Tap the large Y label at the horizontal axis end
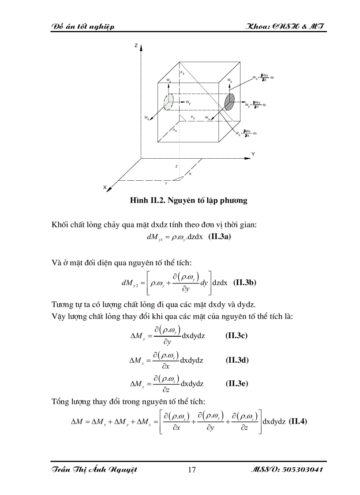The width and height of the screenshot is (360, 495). coord(253,154)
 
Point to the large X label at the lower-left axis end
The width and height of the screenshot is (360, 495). coord(105,187)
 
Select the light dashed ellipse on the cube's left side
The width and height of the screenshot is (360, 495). coord(168,102)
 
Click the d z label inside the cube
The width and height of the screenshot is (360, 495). coord(181,72)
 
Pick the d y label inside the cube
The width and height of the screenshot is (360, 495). coord(193,117)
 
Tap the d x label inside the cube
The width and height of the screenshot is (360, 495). coord(175,130)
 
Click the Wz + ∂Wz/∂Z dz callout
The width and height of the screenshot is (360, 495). coord(263,78)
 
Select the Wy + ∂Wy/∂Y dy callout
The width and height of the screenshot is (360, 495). coord(256,105)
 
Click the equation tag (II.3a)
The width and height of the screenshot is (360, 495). coord(219,237)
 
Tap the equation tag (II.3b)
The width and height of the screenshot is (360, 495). coord(244,283)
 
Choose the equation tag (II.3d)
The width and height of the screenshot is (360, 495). coord(237,360)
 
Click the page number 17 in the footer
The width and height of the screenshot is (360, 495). coord(191,470)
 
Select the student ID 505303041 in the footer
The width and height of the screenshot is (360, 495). coord(302,470)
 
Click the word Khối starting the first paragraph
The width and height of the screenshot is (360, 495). coord(60,225)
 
